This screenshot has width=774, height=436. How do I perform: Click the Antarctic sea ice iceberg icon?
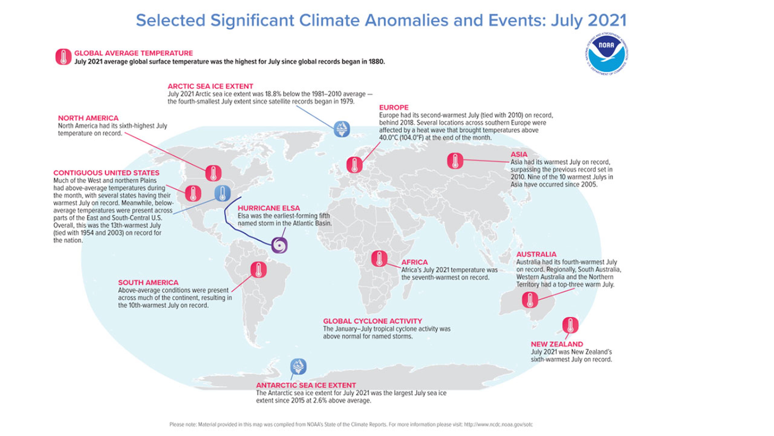pyautogui.click(x=298, y=367)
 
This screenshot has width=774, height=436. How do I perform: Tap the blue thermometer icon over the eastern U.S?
pyautogui.click(x=222, y=193)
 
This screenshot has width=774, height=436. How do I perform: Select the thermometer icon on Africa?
pyautogui.click(x=379, y=258)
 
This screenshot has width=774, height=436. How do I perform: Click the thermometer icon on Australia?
pyautogui.click(x=530, y=300)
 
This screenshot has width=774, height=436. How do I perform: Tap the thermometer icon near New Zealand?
pyautogui.click(x=570, y=325)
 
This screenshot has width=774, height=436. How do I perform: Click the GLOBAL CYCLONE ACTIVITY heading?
pyautogui.click(x=372, y=321)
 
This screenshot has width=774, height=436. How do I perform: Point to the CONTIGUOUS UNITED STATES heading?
pyautogui.click(x=106, y=173)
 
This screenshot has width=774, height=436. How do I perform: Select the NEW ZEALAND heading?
pyautogui.click(x=557, y=344)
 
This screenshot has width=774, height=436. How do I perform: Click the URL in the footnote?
pyautogui.click(x=498, y=424)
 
